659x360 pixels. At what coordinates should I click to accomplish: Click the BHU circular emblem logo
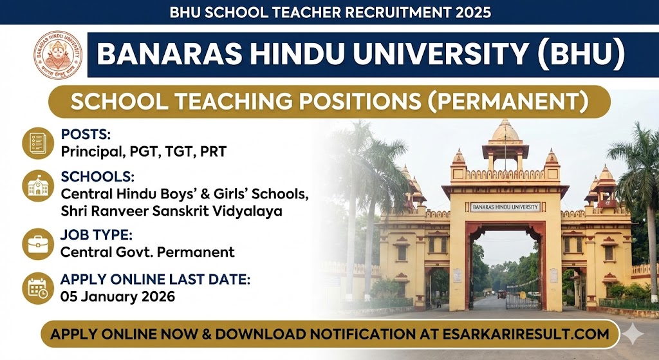pyautogui.click(x=59, y=55)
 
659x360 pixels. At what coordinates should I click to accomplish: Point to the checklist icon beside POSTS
pyautogui.click(x=38, y=143)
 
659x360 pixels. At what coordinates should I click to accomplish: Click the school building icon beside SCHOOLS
pyautogui.click(x=38, y=185)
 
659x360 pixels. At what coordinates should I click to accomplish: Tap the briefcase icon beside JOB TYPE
pyautogui.click(x=38, y=244)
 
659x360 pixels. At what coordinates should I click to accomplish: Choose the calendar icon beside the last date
pyautogui.click(x=38, y=288)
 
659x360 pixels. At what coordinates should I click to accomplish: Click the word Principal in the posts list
pyautogui.click(x=87, y=152)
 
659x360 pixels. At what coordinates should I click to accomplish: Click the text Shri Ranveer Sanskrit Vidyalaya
pyautogui.click(x=171, y=210)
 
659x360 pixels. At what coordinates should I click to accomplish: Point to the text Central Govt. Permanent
pyautogui.click(x=147, y=252)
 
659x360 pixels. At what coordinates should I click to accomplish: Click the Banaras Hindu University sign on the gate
pyautogui.click(x=505, y=207)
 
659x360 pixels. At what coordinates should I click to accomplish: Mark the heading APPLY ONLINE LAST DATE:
pyautogui.click(x=155, y=279)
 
